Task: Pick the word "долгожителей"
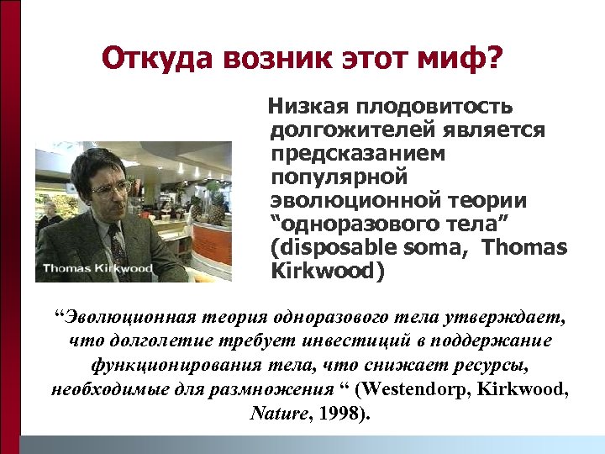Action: (x=349, y=131)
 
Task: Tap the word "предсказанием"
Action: (x=358, y=155)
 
